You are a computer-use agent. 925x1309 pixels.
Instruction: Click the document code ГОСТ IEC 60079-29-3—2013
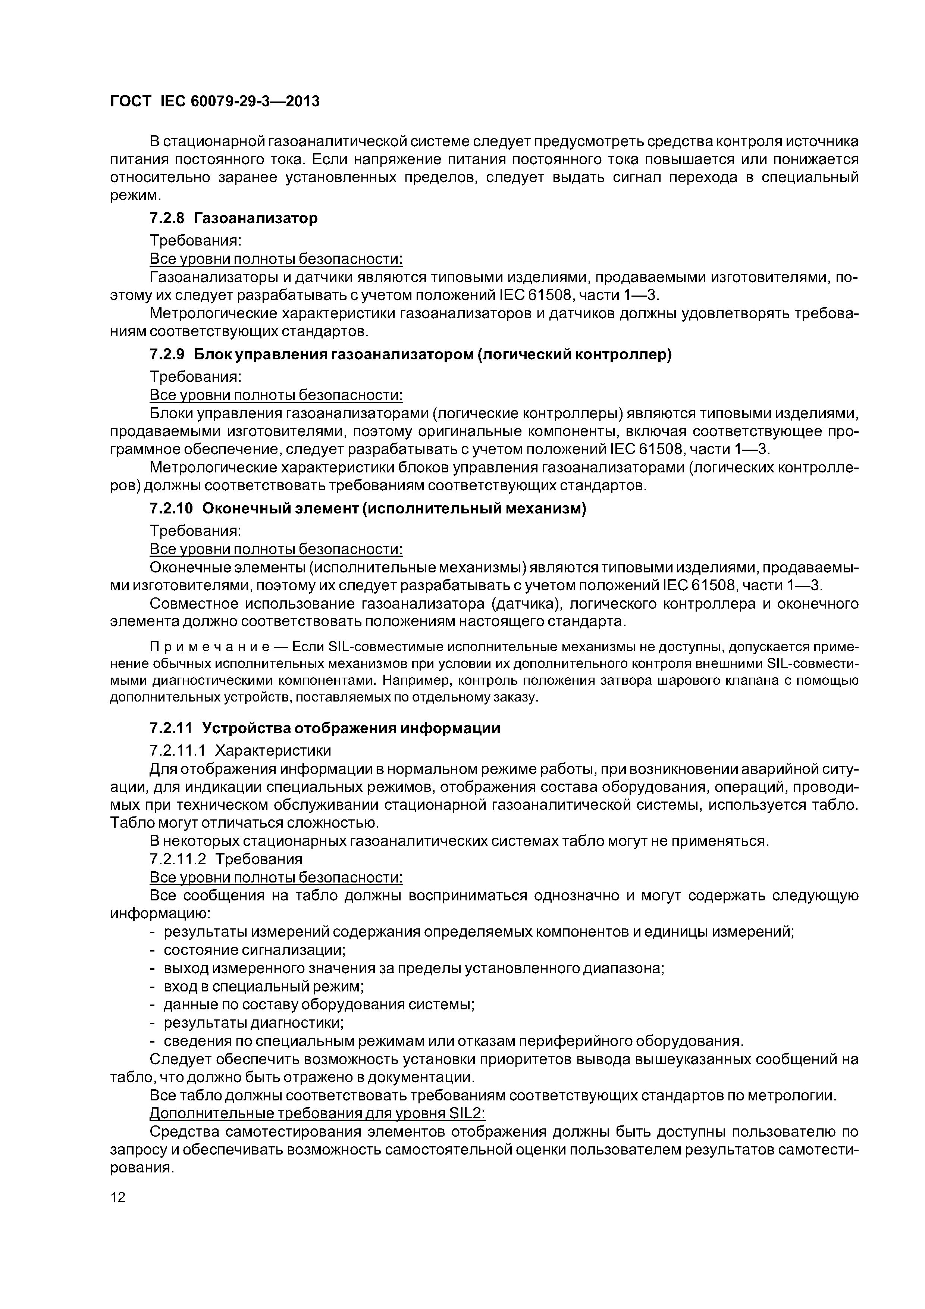coord(214,101)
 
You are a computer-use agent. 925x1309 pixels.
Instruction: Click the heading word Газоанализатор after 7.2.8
coord(255,218)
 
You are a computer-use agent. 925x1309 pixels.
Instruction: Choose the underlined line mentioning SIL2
coord(317,1113)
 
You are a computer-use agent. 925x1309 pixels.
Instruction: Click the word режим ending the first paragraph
coord(134,196)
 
